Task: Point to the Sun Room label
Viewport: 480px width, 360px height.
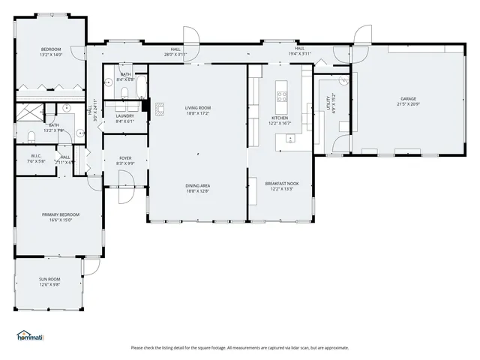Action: (x=49, y=279)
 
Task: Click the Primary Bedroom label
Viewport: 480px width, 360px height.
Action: (x=60, y=214)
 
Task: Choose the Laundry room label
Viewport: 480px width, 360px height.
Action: (x=124, y=116)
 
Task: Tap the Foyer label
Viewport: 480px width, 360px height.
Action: (x=125, y=157)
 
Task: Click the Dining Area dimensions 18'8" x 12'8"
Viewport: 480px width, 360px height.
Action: (x=197, y=190)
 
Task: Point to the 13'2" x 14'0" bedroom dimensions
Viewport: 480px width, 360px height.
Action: (x=51, y=55)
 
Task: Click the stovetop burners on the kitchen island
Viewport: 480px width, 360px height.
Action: (x=282, y=95)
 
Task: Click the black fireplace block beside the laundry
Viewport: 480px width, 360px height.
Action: (x=145, y=106)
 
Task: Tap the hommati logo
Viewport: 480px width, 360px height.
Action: (x=30, y=335)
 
